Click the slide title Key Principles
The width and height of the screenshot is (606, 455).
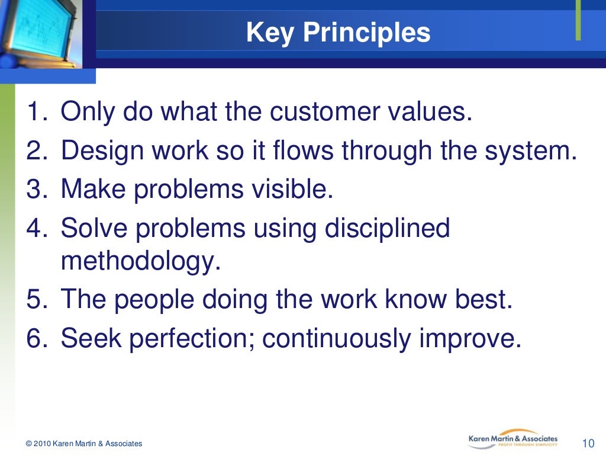click(x=338, y=33)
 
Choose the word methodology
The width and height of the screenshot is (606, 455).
click(x=140, y=261)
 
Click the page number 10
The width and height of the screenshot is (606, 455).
click(x=588, y=443)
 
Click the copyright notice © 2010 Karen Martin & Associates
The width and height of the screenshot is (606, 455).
click(x=84, y=444)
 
